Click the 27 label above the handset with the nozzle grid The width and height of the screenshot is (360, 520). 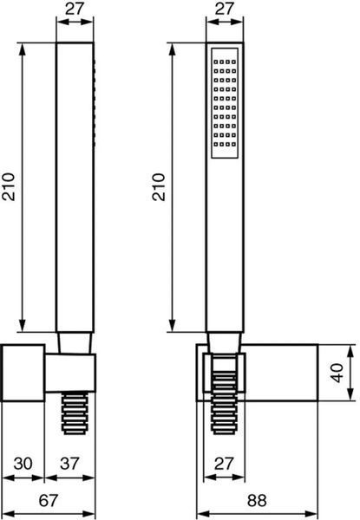pyautogui.click(x=225, y=9)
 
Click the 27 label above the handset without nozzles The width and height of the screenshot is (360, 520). pyautogui.click(x=75, y=9)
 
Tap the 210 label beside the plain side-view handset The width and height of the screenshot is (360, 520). pyautogui.click(x=9, y=186)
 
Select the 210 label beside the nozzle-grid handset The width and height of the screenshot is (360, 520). pyautogui.click(x=159, y=186)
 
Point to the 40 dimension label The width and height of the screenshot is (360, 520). pyautogui.click(x=337, y=373)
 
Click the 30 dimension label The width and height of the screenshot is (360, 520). pyautogui.click(x=23, y=464)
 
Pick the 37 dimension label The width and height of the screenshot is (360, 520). pyautogui.click(x=69, y=464)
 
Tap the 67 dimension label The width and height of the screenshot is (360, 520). pyautogui.click(x=49, y=501)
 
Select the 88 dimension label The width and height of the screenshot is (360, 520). pyautogui.click(x=257, y=501)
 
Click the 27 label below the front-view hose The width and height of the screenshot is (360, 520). pyautogui.click(x=225, y=464)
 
